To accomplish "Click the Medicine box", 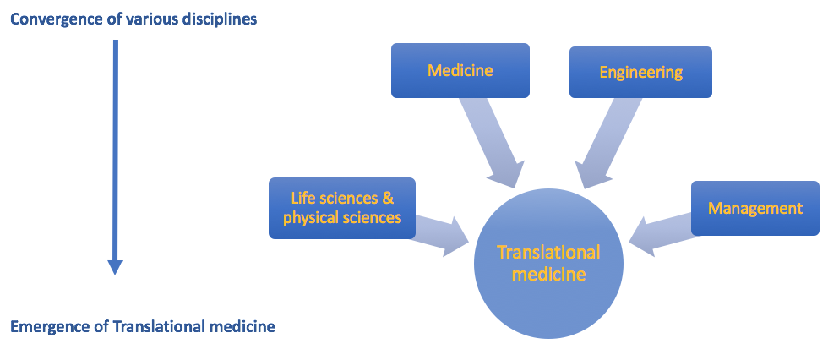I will point(460,70).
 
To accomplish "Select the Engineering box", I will point(640,72).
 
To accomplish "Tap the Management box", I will point(754,208).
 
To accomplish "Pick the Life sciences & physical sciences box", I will point(341,208).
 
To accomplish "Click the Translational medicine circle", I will point(548,263).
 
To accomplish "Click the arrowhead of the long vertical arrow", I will point(116,266).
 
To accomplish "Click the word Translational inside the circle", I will point(548,252).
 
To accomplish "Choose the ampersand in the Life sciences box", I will point(387,199).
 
